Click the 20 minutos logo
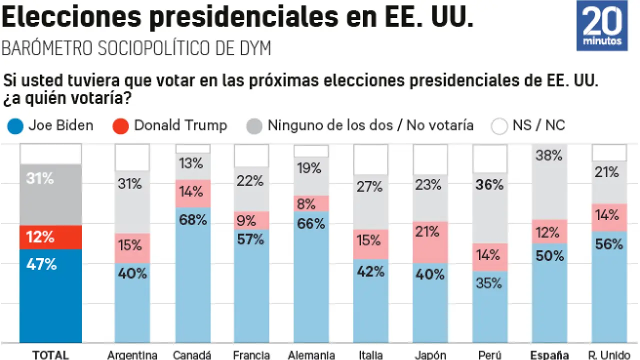point(602,25)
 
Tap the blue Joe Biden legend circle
point(15,126)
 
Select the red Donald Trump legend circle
point(121,126)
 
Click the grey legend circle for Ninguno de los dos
point(254,126)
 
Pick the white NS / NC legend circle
point(499,126)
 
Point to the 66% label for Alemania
point(311,223)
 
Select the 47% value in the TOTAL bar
point(41,263)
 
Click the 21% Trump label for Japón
point(429,231)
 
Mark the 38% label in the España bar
point(549,155)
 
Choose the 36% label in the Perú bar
point(489,185)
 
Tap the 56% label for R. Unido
point(608,244)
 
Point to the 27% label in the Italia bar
point(370,187)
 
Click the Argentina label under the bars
point(132,355)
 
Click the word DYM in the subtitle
point(254,48)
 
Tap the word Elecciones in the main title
point(70,17)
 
